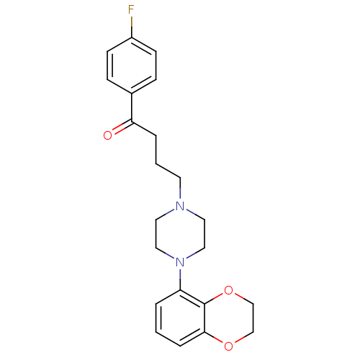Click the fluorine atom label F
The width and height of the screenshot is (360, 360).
[x=131, y=9]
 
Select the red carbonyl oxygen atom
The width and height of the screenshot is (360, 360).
[x=107, y=135]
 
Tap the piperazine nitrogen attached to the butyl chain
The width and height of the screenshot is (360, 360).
[x=180, y=206]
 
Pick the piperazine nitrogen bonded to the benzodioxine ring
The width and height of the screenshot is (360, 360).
[x=180, y=262]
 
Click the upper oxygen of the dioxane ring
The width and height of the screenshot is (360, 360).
[x=228, y=290]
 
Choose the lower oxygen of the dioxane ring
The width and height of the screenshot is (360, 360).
[x=228, y=346]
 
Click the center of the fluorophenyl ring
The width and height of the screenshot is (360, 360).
[x=132, y=66]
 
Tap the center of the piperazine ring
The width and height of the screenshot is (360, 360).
[x=180, y=234]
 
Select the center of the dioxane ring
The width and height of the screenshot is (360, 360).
[x=229, y=318]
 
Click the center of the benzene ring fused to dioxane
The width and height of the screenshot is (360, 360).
[x=180, y=318]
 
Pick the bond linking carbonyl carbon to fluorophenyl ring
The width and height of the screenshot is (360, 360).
[x=132, y=107]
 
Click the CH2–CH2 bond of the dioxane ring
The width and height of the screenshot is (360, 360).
[x=253, y=318]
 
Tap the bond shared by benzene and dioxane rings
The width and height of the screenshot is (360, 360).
[x=204, y=318]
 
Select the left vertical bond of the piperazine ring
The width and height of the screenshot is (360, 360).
[x=156, y=234]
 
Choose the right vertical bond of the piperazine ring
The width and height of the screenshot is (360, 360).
[x=204, y=234]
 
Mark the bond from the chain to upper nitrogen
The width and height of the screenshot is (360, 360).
[x=180, y=189]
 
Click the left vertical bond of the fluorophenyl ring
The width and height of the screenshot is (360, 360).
[x=107, y=66]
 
